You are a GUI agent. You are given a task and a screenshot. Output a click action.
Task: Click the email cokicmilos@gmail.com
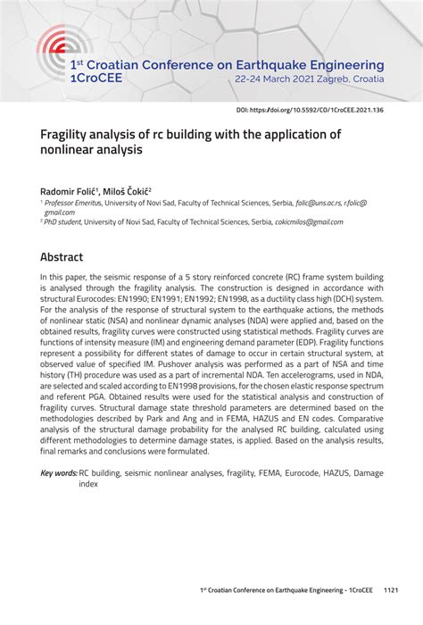point(309,222)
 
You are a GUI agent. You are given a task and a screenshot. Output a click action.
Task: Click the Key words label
point(59,473)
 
